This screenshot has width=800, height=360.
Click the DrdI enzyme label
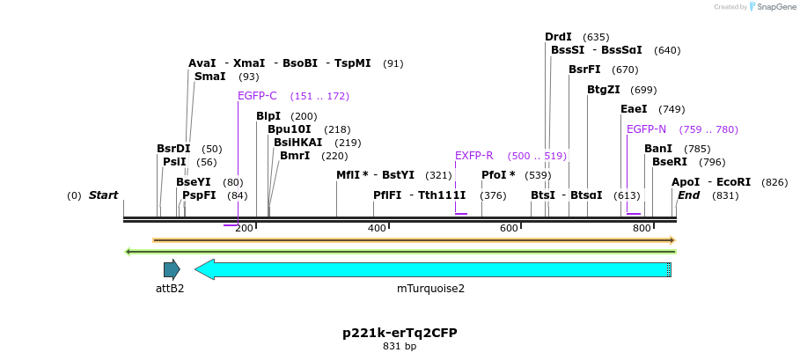tap(558, 37)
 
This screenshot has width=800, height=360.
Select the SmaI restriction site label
tap(209, 77)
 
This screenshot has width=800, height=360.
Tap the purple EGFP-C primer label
tap(257, 96)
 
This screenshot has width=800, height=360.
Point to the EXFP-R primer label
tap(473, 156)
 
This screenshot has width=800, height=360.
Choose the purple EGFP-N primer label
tap(646, 129)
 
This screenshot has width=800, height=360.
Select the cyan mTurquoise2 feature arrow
tap(431, 269)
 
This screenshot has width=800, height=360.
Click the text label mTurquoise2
tap(430, 288)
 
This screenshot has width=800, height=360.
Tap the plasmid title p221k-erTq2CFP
tap(400, 333)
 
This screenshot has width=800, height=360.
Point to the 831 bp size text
tap(400, 346)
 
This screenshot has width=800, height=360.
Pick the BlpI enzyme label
tap(268, 116)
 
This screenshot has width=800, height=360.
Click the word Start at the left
tap(103, 195)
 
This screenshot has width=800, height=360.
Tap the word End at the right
tap(688, 195)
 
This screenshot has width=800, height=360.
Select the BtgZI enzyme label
tap(603, 90)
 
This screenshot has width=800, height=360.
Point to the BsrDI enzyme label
tap(173, 149)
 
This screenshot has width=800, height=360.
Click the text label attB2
tap(170, 288)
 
